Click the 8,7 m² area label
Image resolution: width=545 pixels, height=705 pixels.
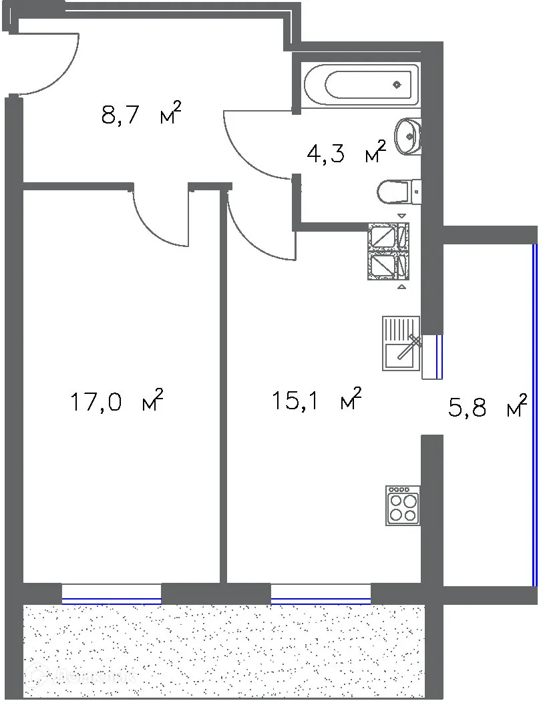click(141, 114)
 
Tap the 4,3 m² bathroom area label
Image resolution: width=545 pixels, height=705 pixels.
click(346, 153)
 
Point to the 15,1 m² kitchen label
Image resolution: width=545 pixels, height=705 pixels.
click(317, 400)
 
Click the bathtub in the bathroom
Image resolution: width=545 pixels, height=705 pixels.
click(361, 85)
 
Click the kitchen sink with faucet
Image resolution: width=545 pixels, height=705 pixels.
click(401, 343)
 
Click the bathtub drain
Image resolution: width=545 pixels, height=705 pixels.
click(397, 85)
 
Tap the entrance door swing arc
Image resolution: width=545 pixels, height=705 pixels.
click(64, 73)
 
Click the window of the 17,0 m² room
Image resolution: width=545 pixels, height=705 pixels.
click(112, 594)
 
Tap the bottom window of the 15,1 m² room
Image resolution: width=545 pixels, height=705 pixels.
click(321, 594)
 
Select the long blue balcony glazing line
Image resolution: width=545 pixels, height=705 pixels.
click(534, 414)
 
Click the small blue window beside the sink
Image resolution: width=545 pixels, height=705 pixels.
click(437, 355)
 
